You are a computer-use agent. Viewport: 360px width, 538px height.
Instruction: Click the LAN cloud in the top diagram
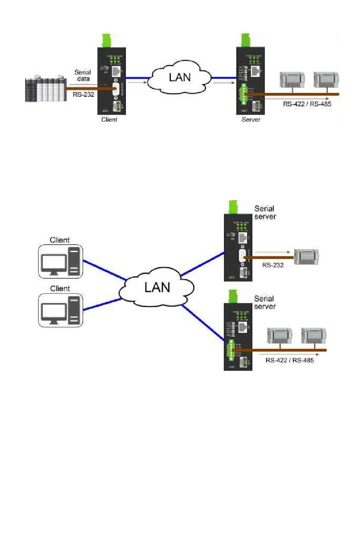click(x=179, y=78)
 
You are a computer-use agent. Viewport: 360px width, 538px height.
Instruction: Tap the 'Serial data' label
click(x=83, y=75)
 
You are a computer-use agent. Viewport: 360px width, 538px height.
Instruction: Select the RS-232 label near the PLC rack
click(x=83, y=94)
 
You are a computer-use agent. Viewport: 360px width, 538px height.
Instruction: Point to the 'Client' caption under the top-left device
click(x=109, y=119)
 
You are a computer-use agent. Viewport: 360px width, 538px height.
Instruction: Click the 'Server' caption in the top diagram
click(x=251, y=119)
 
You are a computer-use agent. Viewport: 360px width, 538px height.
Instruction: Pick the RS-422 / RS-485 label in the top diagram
click(x=307, y=104)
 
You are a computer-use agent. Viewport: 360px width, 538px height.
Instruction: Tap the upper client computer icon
click(x=61, y=262)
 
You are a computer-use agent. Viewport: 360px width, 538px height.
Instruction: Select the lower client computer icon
click(x=61, y=311)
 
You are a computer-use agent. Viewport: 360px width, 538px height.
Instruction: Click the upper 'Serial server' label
click(x=265, y=212)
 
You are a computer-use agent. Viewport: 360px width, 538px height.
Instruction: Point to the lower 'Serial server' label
click(x=265, y=303)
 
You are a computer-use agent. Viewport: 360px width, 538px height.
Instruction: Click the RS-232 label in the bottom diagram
click(x=273, y=265)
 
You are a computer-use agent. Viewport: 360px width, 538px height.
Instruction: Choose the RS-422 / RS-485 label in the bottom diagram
click(x=290, y=360)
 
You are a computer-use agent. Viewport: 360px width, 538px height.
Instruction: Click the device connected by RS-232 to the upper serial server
click(x=306, y=257)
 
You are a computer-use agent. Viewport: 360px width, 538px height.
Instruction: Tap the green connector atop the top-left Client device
click(x=106, y=40)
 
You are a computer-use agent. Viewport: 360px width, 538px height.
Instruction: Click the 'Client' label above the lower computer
click(x=60, y=289)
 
